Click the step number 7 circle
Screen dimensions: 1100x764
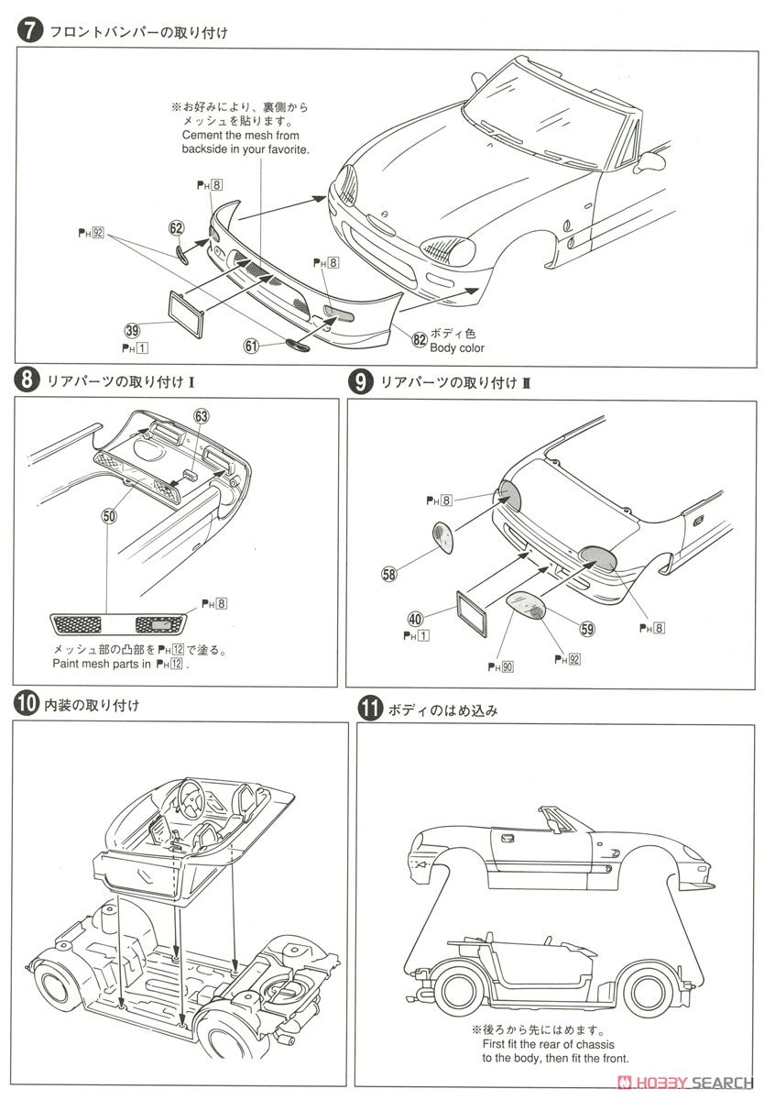pyautogui.click(x=28, y=30)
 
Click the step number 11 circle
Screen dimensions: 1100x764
pyautogui.click(x=369, y=709)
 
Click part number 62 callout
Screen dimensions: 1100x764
pyautogui.click(x=177, y=228)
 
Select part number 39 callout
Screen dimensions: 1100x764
pyautogui.click(x=134, y=331)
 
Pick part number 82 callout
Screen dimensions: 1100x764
pyautogui.click(x=419, y=340)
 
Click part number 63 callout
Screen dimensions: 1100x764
pyautogui.click(x=202, y=415)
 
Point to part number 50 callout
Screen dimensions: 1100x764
pyautogui.click(x=110, y=516)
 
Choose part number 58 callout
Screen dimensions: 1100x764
pyautogui.click(x=390, y=574)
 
